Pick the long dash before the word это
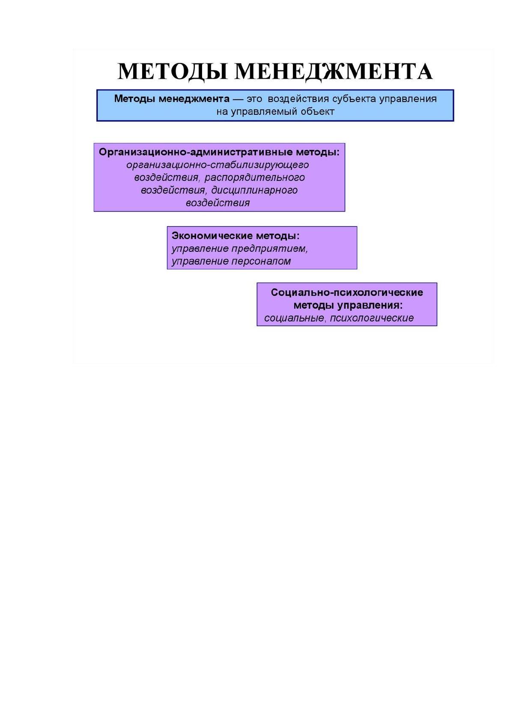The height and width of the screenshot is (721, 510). click(x=238, y=99)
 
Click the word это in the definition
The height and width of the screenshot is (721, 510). click(x=254, y=99)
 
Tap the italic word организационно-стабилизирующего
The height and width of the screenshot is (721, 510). click(x=218, y=165)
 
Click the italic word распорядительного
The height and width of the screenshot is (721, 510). click(x=254, y=178)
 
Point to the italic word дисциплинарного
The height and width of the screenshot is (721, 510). click(x=254, y=190)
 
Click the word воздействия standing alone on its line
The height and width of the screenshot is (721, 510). click(x=218, y=203)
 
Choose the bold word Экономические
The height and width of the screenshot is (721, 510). click(x=212, y=236)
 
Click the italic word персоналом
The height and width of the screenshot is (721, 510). click(x=261, y=261)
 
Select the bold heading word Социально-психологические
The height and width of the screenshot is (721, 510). click(x=347, y=292)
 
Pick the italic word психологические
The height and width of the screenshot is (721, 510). click(x=372, y=319)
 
